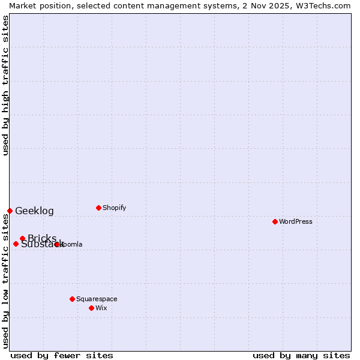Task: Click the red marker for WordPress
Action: coord(275,221)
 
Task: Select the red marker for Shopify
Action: coord(98,208)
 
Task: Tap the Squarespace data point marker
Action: coord(72,299)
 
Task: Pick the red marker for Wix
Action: coord(91,308)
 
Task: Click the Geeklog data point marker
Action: coord(10,211)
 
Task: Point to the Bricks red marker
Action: coord(22,238)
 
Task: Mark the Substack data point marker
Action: coord(16,244)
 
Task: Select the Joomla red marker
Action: coord(56,244)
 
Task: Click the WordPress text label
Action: coord(296,221)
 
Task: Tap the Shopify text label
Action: coord(115,208)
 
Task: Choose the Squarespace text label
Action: coord(97,299)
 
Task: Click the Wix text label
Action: coord(101,308)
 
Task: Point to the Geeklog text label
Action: coord(34,211)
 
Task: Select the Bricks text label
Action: coord(42,238)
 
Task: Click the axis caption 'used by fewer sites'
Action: coord(62,355)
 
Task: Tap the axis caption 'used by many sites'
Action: coord(301,355)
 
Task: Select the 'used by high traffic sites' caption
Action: coord(5,85)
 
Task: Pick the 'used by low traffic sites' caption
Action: coord(5,281)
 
